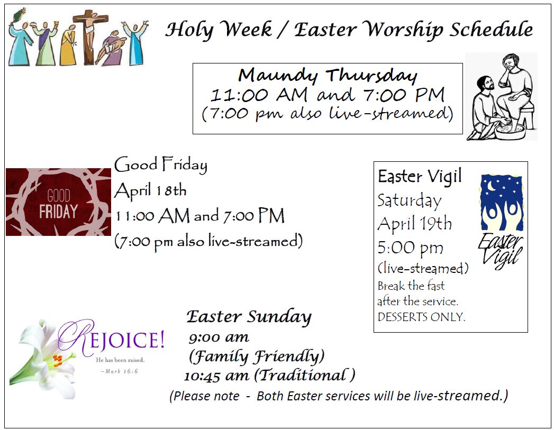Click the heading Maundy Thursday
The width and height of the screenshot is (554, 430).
coord(328,75)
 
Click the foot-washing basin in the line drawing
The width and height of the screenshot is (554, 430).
coord(511,131)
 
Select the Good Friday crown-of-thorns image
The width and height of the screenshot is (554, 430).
coord(58,202)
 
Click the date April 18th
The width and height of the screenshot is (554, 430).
coord(150,190)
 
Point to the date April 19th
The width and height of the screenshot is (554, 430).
coord(414,224)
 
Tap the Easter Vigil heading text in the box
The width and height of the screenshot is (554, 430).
coord(420,176)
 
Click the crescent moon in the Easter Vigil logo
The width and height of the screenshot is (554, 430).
coord(491,185)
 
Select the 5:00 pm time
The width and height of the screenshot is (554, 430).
coord(410,248)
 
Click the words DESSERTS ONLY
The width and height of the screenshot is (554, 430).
coord(421,317)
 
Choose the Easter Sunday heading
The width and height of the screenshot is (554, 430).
coord(249,317)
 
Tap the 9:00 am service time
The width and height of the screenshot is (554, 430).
coord(219,337)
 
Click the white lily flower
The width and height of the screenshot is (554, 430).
coord(42,360)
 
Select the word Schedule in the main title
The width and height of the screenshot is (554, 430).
coord(491,29)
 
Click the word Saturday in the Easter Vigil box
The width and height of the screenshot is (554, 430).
coord(410,201)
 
